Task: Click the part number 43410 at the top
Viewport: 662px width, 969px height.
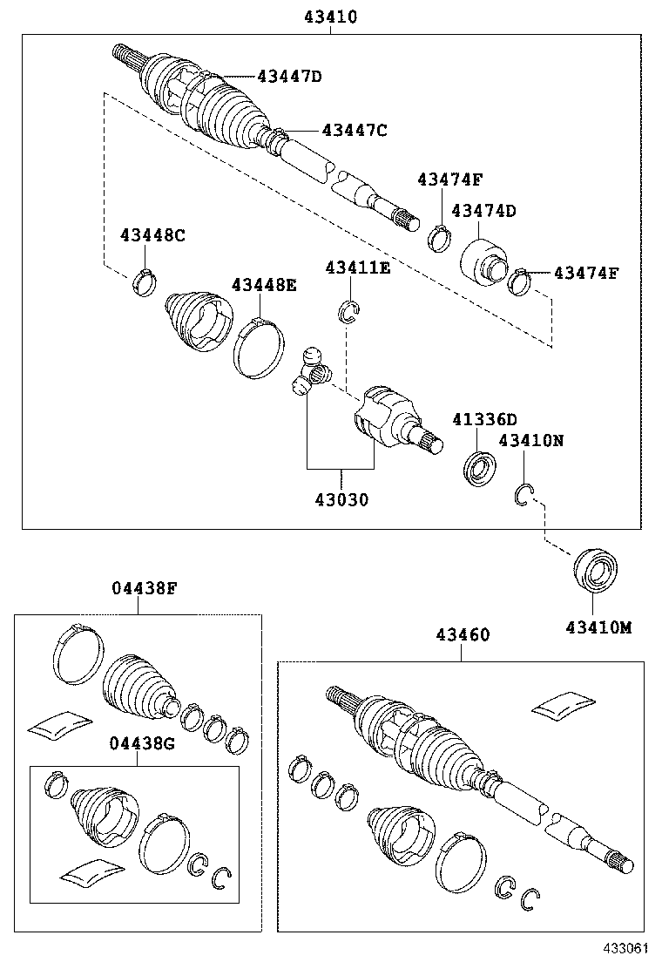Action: coord(331,17)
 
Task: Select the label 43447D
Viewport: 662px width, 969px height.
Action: coord(289,77)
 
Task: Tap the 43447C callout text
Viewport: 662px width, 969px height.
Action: coord(354,130)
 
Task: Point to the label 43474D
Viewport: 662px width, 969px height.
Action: coord(484,210)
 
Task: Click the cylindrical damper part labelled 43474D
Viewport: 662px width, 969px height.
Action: coord(482,259)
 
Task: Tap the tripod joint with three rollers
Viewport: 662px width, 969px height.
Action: coord(312,372)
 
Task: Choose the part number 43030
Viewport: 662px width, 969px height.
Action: coord(341,500)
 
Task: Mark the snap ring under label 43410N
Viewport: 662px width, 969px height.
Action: coord(523,494)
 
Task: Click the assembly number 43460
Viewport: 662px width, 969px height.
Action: coord(463,635)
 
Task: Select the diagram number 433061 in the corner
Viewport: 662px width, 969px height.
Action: coord(626,946)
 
